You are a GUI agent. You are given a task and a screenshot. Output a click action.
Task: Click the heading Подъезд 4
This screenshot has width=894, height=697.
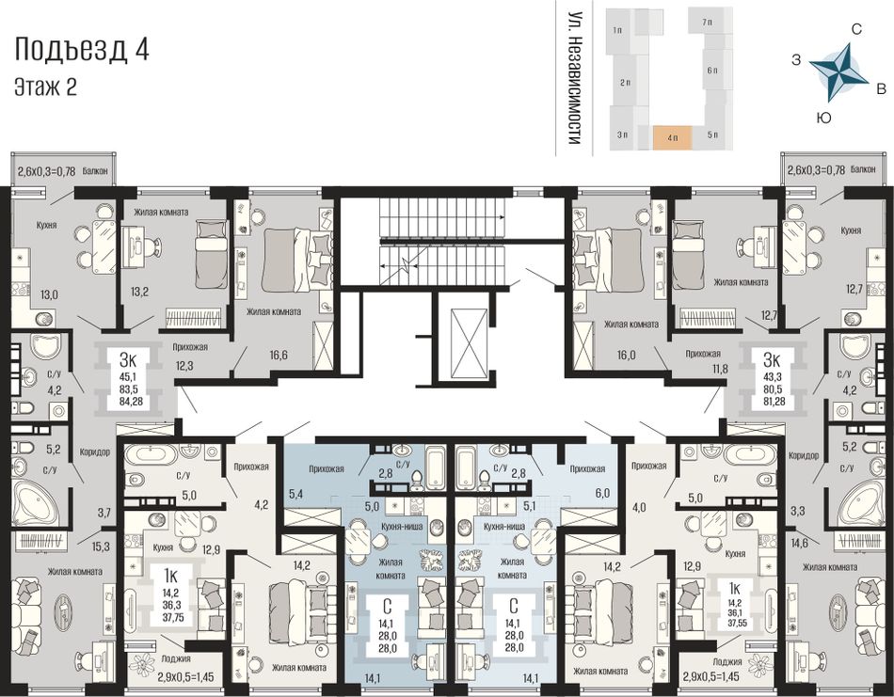pos(82,50)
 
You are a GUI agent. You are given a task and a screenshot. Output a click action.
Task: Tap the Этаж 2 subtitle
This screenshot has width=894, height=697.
pos(45,87)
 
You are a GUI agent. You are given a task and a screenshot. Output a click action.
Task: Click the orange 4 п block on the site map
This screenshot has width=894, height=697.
pos(672,138)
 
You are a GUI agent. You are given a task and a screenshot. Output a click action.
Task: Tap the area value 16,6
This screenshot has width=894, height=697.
pos(279,355)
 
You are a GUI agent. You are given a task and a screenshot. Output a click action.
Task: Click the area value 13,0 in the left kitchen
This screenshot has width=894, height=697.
pos(48,294)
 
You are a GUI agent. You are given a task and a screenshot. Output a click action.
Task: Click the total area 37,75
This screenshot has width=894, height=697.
pos(172,618)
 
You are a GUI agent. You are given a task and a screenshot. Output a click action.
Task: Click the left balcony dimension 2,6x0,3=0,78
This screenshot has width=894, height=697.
pos(47,170)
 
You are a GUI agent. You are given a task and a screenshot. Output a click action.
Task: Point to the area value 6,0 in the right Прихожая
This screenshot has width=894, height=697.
pos(602,493)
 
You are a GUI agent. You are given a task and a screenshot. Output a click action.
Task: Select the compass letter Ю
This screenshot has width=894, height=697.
pos(823,118)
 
